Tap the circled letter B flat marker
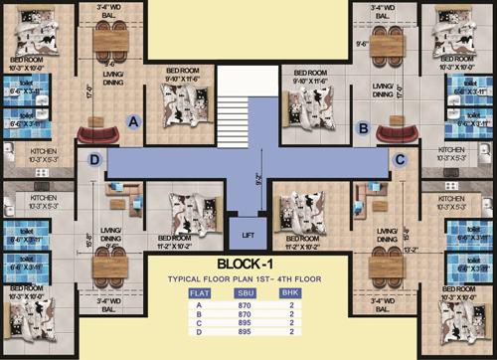[x=364, y=127]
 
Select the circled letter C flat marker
[x=401, y=159]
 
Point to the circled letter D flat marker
[x=95, y=159]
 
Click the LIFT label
[x=248, y=235]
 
